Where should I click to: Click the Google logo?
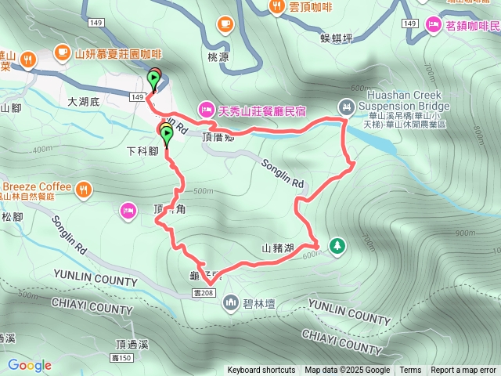tap(30, 365)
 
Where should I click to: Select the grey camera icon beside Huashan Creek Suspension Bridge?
tap(346, 106)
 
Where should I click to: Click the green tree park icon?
tap(337, 246)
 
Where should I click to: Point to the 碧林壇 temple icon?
tap(231, 302)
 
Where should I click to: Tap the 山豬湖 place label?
tap(278, 249)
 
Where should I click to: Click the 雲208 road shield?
tap(201, 292)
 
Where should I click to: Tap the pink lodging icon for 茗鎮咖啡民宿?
tap(432, 26)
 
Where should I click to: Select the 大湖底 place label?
tap(85, 101)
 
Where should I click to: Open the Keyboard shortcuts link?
tap(261, 371)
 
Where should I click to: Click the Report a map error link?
tap(463, 371)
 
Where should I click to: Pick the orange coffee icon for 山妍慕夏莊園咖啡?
tap(62, 53)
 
